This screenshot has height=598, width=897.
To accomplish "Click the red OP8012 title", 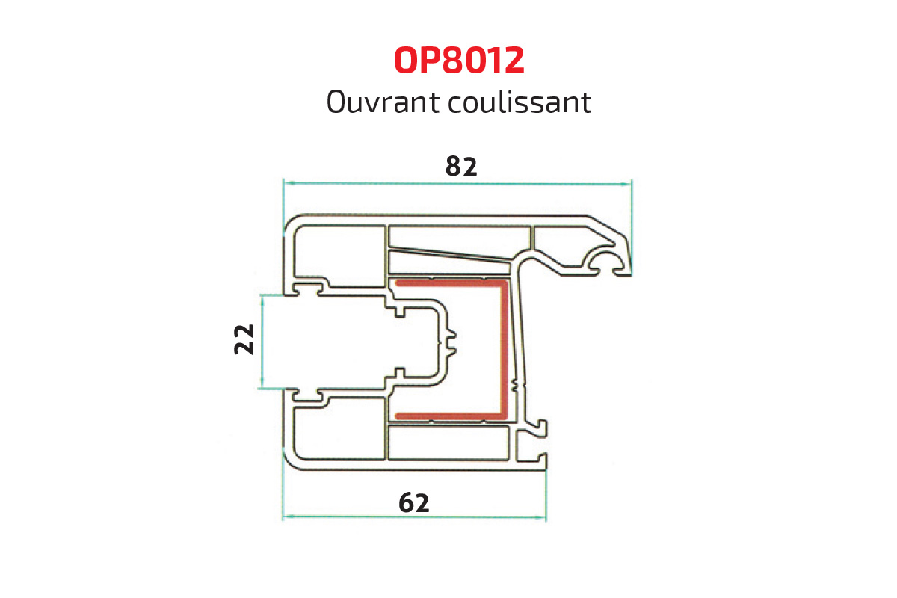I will [459, 61].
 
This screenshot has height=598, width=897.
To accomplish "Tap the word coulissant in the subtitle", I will [520, 102].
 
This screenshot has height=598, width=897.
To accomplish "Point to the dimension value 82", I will [460, 166].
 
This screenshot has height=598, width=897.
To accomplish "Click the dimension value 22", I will [244, 339].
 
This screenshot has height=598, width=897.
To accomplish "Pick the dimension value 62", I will [413, 503].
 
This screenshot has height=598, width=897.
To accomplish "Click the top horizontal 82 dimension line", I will [374, 182].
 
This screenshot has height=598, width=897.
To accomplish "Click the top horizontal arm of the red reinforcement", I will [449, 283].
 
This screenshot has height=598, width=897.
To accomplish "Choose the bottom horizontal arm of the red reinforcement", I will [449, 415].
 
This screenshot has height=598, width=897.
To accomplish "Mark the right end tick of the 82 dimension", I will [632, 182].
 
